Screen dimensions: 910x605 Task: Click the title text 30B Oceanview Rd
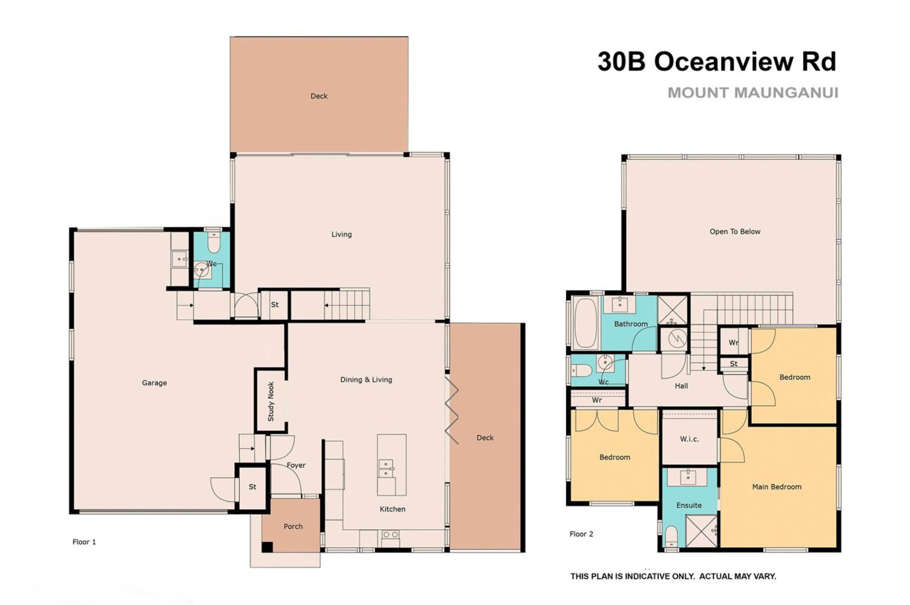point(716,61)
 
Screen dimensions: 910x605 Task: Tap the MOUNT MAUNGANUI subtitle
point(753,93)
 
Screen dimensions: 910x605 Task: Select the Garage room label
point(154,383)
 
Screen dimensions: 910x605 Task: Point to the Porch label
point(293,526)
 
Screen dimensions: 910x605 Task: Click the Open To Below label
point(735,232)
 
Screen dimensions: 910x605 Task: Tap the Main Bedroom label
point(776,487)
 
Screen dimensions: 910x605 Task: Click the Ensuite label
point(689,505)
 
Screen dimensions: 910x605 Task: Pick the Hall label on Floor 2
point(681,385)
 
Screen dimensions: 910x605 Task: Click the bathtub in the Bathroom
point(586,323)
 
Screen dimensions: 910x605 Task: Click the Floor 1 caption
point(84,542)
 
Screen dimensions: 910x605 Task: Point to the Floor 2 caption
point(581,534)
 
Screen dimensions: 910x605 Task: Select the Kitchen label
point(392,509)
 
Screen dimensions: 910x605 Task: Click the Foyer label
point(296,465)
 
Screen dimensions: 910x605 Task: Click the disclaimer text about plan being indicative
point(673,576)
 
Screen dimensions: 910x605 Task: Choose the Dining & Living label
point(366,380)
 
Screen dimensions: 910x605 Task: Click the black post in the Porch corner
point(267,547)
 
